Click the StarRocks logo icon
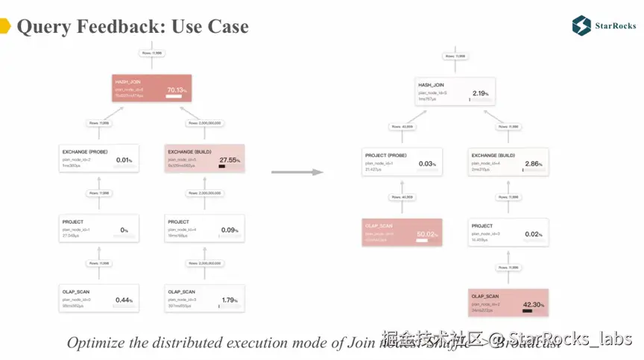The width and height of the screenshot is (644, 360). [581, 25]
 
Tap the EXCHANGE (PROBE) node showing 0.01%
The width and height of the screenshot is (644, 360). [98, 158]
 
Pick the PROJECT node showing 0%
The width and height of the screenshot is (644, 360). [98, 229]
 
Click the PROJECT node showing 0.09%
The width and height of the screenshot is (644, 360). [202, 229]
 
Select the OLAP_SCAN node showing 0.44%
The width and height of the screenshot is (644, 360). [98, 298]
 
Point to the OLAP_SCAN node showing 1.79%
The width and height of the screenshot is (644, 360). [202, 298]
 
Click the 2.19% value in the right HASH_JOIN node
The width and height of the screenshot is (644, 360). [481, 93]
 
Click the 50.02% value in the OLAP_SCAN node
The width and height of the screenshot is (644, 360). [426, 233]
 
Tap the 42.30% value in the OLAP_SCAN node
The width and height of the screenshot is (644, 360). [533, 303]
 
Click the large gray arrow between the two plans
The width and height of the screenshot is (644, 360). [297, 172]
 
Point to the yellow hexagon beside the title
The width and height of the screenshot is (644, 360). [4, 27]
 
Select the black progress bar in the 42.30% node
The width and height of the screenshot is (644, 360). [531, 312]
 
